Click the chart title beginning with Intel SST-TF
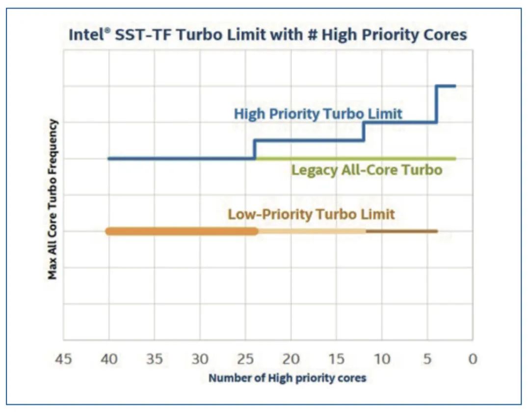[x=267, y=35]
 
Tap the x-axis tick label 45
[x=63, y=359]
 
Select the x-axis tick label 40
[x=109, y=359]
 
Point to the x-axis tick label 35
[x=155, y=359]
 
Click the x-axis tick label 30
[x=200, y=359]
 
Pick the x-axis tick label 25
[x=245, y=359]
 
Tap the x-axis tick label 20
[x=291, y=359]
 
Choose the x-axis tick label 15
[x=336, y=359]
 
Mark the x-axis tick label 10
[x=382, y=359]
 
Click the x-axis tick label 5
[x=427, y=359]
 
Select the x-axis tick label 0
[x=473, y=359]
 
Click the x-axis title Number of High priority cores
[x=287, y=378]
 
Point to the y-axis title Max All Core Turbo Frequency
[x=53, y=199]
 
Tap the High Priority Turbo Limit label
[x=318, y=114]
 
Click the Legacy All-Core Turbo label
[x=367, y=171]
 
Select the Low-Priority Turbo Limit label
[x=311, y=215]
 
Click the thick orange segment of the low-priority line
[x=182, y=231]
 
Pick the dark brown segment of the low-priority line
[x=401, y=231]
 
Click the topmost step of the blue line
[x=446, y=86]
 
